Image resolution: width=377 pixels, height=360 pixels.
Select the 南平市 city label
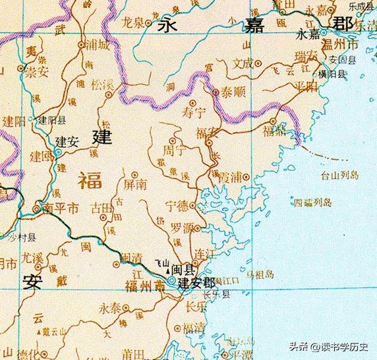pyautogui.click(x=61, y=208)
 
